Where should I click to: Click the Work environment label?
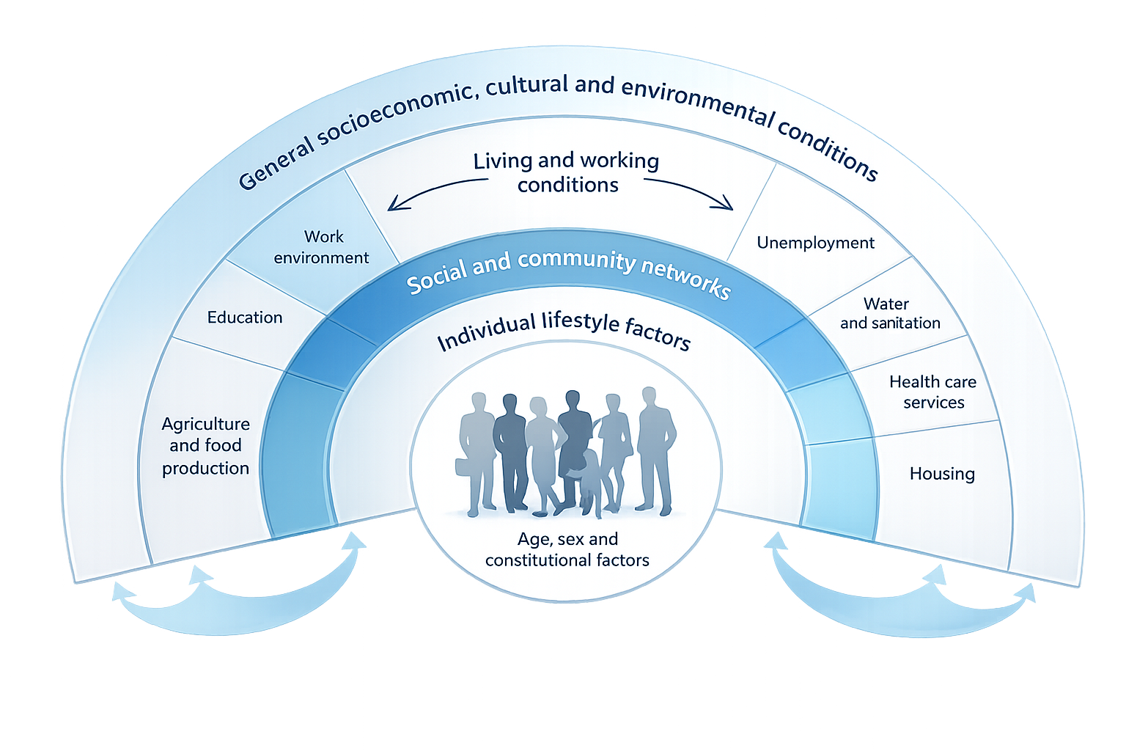[322, 247]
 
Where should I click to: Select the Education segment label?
[245, 318]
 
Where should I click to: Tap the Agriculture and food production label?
[206, 446]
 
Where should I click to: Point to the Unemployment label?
[815, 243]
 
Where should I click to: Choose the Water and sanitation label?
[889, 313]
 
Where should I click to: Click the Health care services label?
[933, 392]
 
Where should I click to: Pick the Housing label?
[942, 474]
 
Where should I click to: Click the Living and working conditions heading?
[567, 172]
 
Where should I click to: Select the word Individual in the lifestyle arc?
[486, 332]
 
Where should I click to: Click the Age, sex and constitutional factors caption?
[567, 549]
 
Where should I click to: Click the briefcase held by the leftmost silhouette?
[464, 466]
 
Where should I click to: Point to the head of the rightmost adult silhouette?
[648, 396]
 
